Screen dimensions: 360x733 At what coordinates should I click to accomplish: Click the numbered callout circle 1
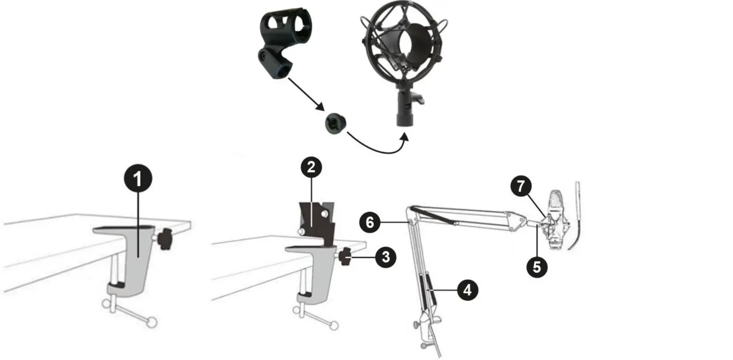(138, 179)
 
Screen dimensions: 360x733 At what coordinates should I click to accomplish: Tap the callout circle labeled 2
(311, 167)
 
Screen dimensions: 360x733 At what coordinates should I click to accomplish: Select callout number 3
(386, 257)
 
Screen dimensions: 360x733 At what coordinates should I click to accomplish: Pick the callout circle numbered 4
(467, 290)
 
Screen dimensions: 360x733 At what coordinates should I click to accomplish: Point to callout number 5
(537, 267)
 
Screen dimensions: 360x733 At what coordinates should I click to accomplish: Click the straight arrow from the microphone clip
(304, 94)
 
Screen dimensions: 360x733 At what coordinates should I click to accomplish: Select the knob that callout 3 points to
(345, 257)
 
